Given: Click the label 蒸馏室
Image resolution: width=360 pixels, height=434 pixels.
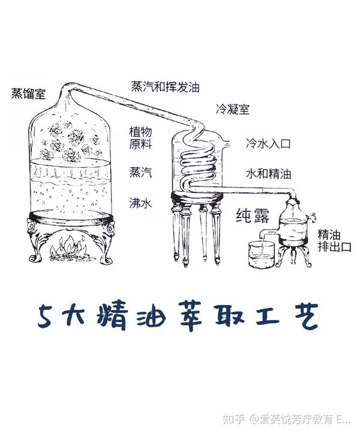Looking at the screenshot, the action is (x=28, y=94).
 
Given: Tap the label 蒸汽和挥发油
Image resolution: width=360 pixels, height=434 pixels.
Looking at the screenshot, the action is (x=165, y=87).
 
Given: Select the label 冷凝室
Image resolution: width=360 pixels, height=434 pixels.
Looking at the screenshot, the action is (x=233, y=109).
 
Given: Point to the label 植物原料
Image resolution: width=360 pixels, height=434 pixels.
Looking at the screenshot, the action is (x=140, y=138).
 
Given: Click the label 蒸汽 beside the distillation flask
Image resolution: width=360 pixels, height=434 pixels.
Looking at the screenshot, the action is (x=140, y=172).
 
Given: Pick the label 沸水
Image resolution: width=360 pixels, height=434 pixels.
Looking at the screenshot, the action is (x=140, y=203).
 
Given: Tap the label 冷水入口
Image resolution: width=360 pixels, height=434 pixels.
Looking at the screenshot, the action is (x=268, y=143).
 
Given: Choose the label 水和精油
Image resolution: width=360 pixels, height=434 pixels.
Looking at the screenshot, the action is (x=268, y=174).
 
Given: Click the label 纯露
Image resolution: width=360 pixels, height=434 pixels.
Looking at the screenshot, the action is (x=253, y=216).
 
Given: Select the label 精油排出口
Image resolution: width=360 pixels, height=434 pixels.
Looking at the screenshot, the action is (x=335, y=240).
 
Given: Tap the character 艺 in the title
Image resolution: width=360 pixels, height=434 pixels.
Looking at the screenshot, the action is (x=305, y=316).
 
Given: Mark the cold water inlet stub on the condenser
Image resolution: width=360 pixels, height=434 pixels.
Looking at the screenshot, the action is (x=225, y=143).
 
